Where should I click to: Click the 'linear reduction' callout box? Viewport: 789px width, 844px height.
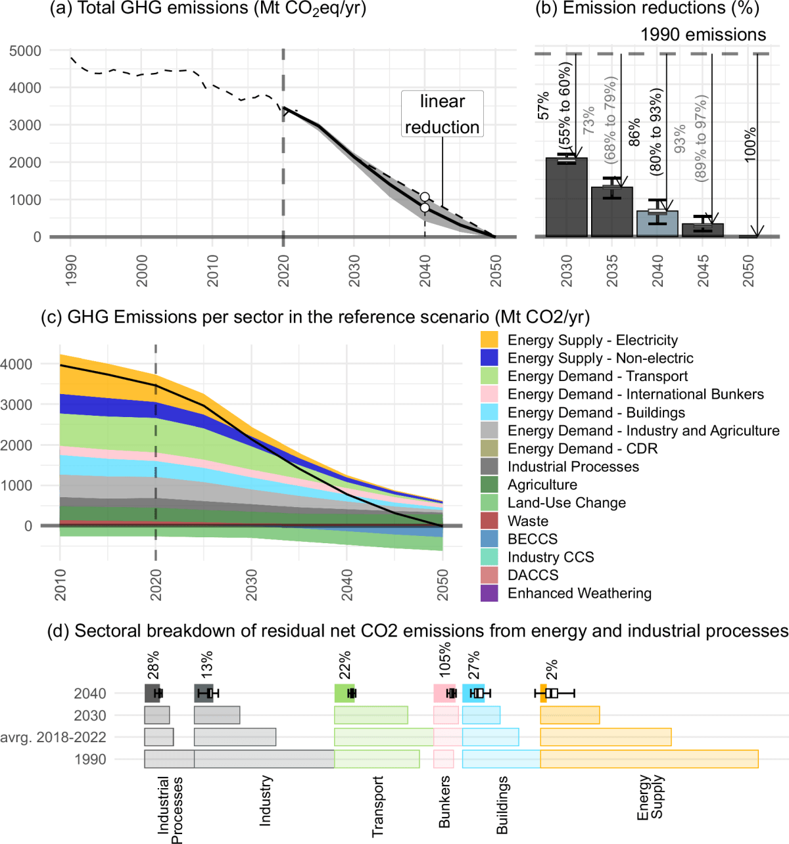click(x=442, y=114)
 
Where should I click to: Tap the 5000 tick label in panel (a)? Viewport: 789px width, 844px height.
click(x=25, y=51)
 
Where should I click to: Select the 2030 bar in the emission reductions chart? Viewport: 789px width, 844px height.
click(x=567, y=197)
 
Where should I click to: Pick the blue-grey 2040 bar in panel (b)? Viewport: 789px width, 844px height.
click(x=657, y=223)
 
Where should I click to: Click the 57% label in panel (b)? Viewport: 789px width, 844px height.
click(x=543, y=105)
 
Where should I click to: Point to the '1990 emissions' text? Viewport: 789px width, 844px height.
click(x=703, y=35)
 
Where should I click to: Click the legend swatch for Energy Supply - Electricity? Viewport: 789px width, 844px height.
click(x=489, y=340)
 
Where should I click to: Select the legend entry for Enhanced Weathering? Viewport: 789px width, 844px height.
click(x=579, y=593)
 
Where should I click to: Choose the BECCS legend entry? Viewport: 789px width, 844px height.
click(x=532, y=539)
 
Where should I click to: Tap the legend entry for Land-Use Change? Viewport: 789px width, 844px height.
click(x=566, y=503)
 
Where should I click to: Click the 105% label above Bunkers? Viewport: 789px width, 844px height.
click(x=445, y=660)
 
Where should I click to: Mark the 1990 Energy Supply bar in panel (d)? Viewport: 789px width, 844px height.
click(x=649, y=759)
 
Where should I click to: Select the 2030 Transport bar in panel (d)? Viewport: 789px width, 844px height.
click(x=371, y=715)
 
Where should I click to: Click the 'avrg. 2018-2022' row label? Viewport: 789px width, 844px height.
click(x=53, y=738)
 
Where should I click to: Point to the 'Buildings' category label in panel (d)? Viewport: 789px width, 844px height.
click(x=502, y=805)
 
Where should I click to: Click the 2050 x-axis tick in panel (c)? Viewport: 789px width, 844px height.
click(x=442, y=585)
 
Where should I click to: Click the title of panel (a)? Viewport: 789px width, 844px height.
click(x=208, y=9)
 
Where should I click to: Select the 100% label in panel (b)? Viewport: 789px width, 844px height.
click(x=750, y=144)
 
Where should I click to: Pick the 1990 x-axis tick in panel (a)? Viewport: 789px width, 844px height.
click(x=71, y=270)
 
